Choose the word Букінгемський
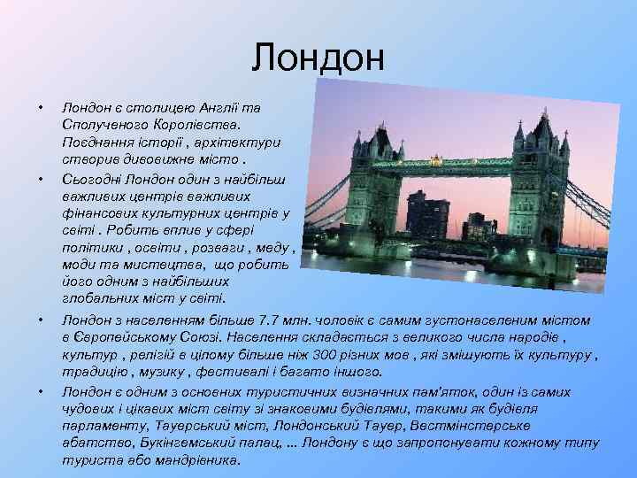point(186,443)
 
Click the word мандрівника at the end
point(196,461)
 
